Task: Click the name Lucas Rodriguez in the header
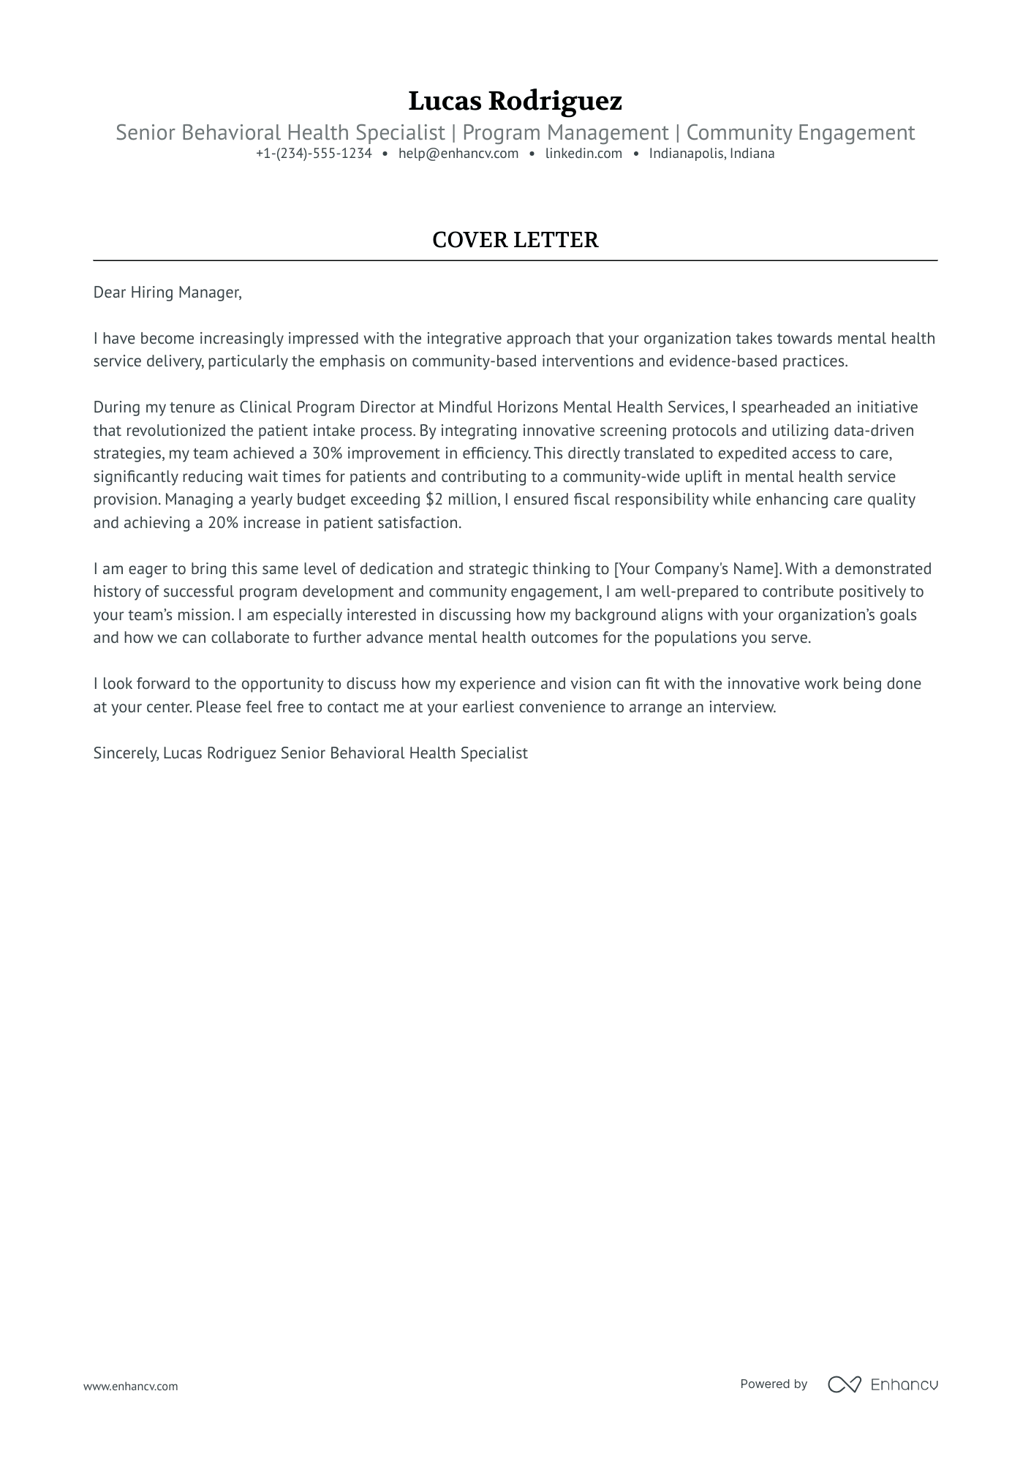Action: tap(515, 101)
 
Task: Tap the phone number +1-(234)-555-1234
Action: tap(314, 154)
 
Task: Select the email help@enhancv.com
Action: tap(458, 154)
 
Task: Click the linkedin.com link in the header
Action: tap(584, 154)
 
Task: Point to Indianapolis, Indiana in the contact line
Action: tap(711, 154)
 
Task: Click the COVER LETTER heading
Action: tap(515, 240)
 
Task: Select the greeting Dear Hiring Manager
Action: tap(167, 293)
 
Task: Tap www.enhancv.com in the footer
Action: tap(131, 1386)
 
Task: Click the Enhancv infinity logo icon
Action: tap(844, 1384)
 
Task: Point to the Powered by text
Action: tap(774, 1384)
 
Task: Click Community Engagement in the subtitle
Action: tap(800, 133)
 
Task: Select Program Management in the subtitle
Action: tap(565, 133)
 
